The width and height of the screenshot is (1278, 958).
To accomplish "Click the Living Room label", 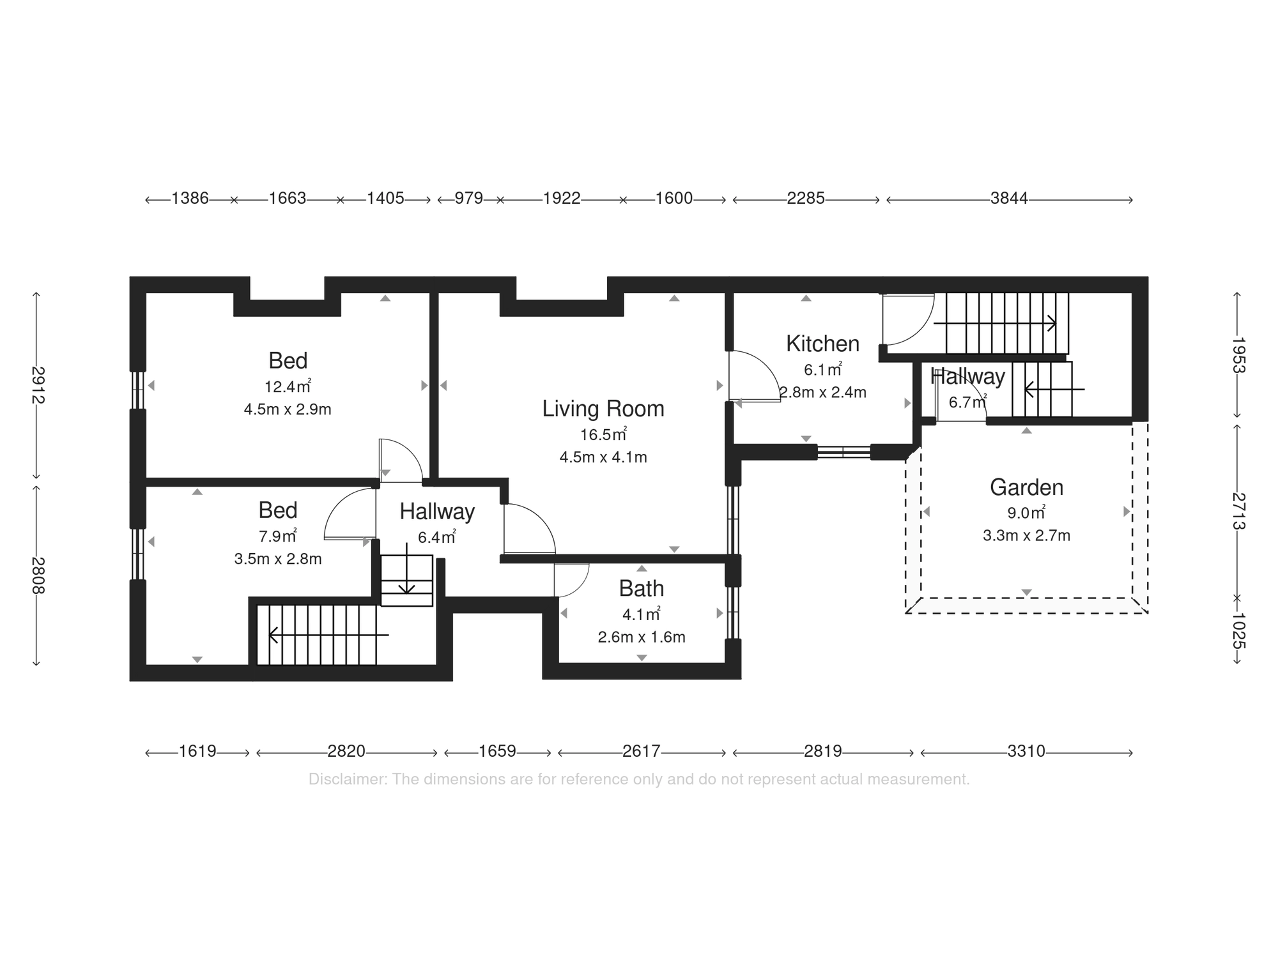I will tap(603, 409).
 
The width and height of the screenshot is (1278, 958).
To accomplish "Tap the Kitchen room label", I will tap(822, 344).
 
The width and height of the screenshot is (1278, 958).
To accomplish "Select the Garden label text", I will tap(1026, 487).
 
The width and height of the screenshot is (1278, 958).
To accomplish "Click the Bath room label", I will tap(641, 588).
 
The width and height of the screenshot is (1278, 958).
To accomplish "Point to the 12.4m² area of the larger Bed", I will tap(287, 386).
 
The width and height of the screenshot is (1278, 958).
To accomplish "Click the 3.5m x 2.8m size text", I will tap(278, 559).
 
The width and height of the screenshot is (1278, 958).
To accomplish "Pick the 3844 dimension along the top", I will tap(1008, 199).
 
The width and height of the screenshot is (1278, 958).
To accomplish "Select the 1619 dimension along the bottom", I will tap(197, 751).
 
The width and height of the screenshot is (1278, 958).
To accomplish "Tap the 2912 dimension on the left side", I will tap(37, 384).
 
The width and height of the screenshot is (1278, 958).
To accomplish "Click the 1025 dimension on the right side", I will tap(1238, 630).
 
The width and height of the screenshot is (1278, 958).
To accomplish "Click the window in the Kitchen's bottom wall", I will tap(843, 452).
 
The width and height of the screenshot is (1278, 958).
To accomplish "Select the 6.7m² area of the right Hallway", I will tap(967, 403).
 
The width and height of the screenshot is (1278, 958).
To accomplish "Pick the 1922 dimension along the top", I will tap(561, 199).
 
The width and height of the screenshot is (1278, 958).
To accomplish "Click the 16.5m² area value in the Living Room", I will tap(603, 435).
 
